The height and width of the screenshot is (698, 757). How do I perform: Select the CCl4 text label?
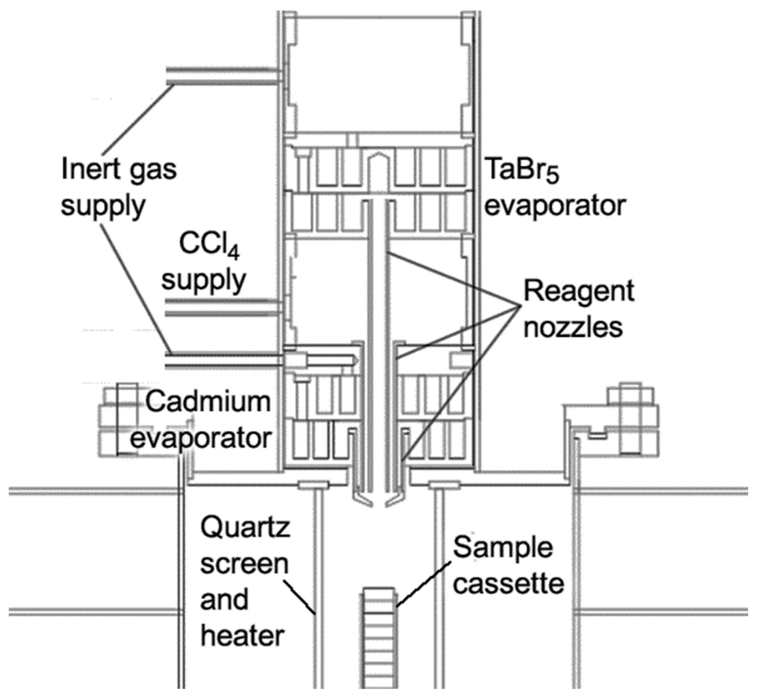(x=209, y=245)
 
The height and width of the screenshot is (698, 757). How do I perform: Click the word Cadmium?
(x=208, y=401)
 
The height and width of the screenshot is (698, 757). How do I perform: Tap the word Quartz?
(x=245, y=528)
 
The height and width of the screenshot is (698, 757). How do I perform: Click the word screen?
(x=244, y=563)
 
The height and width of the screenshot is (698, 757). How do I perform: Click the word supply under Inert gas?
(x=103, y=206)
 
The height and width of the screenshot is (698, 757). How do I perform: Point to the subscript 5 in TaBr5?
(x=552, y=176)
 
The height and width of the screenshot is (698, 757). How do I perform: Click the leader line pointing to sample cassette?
(x=423, y=584)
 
